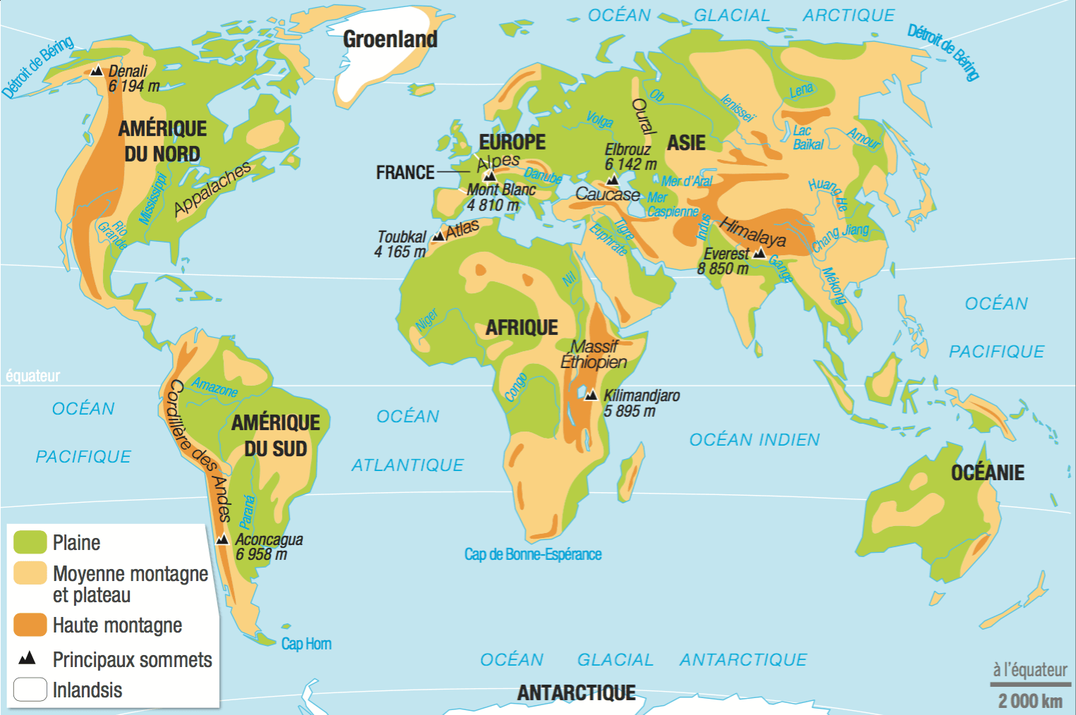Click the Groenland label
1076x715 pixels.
[389, 39]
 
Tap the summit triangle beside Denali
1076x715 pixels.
[97, 71]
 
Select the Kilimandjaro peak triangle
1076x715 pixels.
[591, 395]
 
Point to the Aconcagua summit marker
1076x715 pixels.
[222, 539]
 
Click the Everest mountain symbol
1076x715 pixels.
[759, 253]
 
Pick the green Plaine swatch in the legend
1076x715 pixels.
[30, 542]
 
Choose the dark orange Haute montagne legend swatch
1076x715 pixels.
[30, 625]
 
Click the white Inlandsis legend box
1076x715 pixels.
[30, 690]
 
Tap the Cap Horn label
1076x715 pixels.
[306, 644]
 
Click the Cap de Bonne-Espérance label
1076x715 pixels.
[533, 554]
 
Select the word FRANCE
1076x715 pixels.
[405, 172]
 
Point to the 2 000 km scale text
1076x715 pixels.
[1030, 700]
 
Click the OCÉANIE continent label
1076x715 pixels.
[987, 472]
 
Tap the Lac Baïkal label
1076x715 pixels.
[807, 137]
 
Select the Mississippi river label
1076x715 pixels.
[153, 198]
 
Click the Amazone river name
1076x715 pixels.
[214, 387]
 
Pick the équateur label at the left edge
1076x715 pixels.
[32, 376]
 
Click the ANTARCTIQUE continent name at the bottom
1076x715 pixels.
[576, 693]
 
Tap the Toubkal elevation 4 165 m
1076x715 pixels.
[400, 252]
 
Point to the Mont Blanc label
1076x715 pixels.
[501, 190]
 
